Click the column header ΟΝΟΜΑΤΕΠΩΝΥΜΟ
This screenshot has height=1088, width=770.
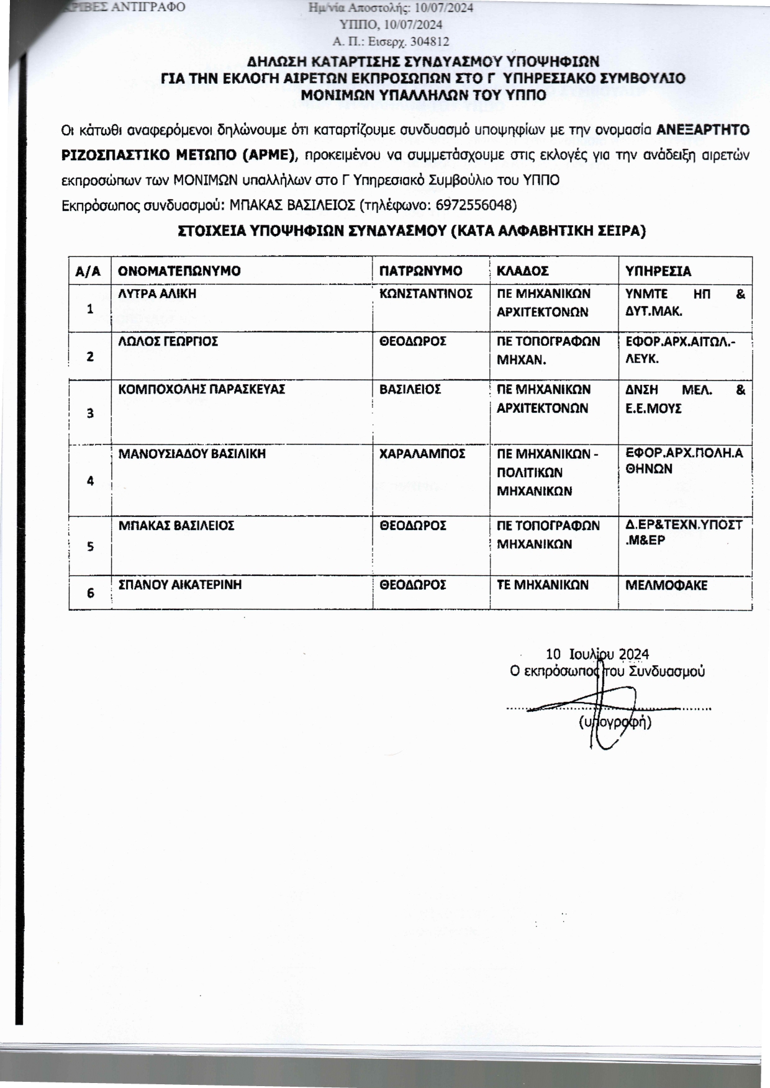(179, 271)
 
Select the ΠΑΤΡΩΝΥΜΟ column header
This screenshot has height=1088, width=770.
(420, 271)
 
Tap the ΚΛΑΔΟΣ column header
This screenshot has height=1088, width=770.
(523, 271)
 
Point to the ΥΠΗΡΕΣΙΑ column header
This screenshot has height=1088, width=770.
(658, 271)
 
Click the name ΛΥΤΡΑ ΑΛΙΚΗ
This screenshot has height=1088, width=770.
(157, 294)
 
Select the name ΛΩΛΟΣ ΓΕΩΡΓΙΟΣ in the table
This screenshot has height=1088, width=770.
(168, 341)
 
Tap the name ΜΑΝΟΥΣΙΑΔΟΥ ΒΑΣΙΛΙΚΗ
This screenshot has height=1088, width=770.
(192, 454)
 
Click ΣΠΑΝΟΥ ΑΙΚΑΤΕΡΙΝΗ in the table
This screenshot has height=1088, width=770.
(179, 585)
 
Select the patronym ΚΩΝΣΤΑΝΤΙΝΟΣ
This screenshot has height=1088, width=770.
(426, 294)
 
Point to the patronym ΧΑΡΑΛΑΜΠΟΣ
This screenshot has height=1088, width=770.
(422, 454)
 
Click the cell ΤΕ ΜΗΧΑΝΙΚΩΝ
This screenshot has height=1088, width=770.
(542, 585)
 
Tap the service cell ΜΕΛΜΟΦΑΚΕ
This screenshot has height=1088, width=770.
(666, 585)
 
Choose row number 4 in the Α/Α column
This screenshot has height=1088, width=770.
(90, 481)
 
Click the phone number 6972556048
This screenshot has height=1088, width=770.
(475, 205)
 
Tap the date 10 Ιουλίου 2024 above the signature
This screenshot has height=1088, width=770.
(597, 654)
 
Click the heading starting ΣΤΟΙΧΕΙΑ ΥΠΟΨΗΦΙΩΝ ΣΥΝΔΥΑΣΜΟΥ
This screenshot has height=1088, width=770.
(412, 232)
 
